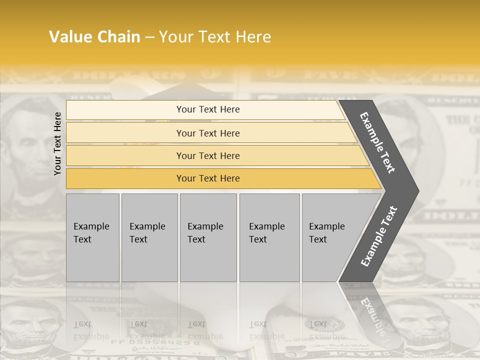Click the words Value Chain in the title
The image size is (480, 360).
(x=94, y=37)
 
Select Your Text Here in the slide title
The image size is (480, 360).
(x=215, y=37)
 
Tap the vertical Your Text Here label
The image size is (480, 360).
(x=57, y=143)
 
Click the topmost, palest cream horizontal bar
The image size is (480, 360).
(x=205, y=109)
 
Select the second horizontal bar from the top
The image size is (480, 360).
(x=210, y=133)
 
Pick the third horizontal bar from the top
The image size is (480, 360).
(x=215, y=155)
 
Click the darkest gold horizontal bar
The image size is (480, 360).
(x=220, y=178)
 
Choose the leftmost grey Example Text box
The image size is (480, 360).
(x=92, y=237)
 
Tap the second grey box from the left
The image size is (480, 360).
(x=149, y=237)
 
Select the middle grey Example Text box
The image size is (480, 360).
(x=208, y=237)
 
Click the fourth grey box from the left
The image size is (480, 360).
(x=269, y=237)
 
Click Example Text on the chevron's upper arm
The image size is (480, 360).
(x=378, y=142)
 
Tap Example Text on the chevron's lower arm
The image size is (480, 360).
(x=379, y=236)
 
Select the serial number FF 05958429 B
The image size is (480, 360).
(x=155, y=342)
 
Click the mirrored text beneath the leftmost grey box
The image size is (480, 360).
(x=91, y=330)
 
